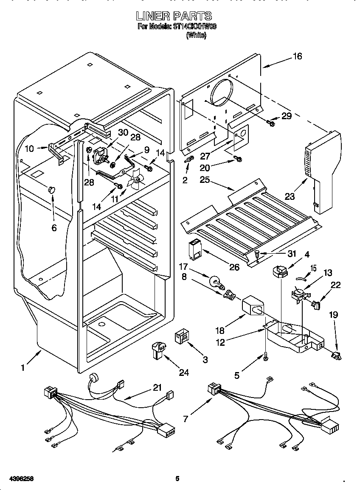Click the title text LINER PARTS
174,17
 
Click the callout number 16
298,56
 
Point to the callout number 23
290,185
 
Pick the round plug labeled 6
52,189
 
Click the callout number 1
23,367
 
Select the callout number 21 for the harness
157,388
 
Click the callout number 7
185,419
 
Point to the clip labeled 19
337,355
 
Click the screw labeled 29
270,123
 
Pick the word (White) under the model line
196,36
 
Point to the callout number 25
205,179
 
